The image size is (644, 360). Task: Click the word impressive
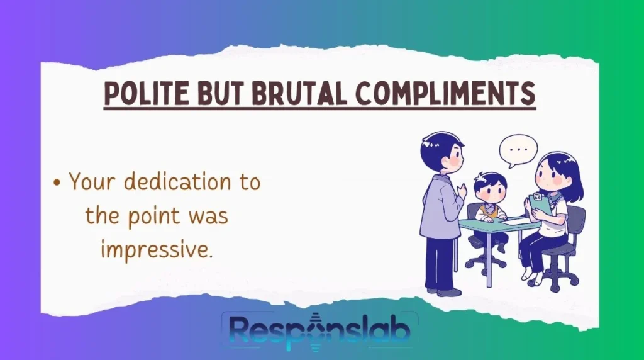(156, 250)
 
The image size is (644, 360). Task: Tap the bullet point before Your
(57, 184)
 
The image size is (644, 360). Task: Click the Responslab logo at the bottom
(320, 330)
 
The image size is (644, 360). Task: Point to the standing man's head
(441, 150)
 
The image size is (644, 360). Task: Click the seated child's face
(489, 190)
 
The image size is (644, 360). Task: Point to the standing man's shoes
(443, 291)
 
